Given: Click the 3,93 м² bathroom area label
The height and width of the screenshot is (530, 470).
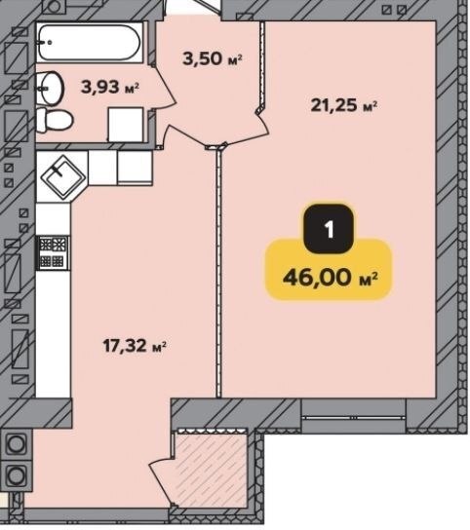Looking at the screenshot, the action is [x=110, y=88].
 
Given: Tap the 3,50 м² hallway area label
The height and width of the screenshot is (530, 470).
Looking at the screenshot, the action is [x=213, y=58].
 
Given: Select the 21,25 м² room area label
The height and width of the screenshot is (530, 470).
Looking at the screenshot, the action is [x=344, y=105].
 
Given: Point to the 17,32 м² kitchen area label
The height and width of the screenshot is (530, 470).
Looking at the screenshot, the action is [x=135, y=346].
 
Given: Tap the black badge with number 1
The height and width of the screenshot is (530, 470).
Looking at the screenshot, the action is [x=329, y=229].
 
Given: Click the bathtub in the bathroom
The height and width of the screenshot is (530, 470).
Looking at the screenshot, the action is [x=89, y=43].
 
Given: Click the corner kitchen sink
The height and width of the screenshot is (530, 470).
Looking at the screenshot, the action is [x=63, y=176].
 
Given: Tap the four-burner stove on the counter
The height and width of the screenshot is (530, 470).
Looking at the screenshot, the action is [x=53, y=252].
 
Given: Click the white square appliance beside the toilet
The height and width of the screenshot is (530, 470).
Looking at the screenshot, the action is [x=126, y=124].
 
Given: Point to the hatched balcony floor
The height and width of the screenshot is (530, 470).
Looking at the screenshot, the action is [x=211, y=470].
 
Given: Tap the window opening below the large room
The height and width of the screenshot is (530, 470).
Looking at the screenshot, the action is [x=354, y=415].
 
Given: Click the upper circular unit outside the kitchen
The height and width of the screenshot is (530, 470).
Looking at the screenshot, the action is [x=16, y=443].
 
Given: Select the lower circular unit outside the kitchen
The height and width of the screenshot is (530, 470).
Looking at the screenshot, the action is [x=16, y=474].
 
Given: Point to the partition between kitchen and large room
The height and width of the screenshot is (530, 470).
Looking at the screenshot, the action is [x=218, y=272].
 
